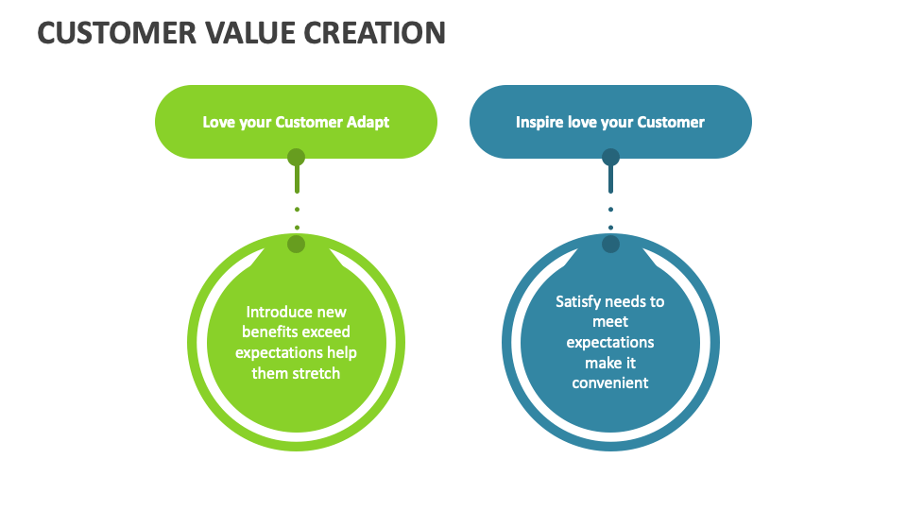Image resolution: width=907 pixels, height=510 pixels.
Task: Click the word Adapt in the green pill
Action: click(365, 122)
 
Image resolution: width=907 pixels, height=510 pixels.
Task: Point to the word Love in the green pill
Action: click(219, 122)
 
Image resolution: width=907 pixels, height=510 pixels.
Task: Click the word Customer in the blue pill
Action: click(671, 122)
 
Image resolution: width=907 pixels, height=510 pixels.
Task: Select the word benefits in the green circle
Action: click(271, 332)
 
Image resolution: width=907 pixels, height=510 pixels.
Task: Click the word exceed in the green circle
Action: click(327, 332)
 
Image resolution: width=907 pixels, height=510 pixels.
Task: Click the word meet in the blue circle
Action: click(610, 322)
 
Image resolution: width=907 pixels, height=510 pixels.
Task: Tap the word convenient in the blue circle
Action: click(610, 382)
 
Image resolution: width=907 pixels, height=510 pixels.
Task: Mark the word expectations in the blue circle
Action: click(610, 342)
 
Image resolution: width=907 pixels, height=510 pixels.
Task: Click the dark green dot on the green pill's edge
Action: click(297, 157)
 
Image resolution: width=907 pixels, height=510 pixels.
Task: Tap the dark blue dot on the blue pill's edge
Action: click(610, 157)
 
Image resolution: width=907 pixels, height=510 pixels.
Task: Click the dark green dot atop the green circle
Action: click(297, 245)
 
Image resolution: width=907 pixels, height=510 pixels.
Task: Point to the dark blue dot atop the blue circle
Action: click(610, 245)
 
